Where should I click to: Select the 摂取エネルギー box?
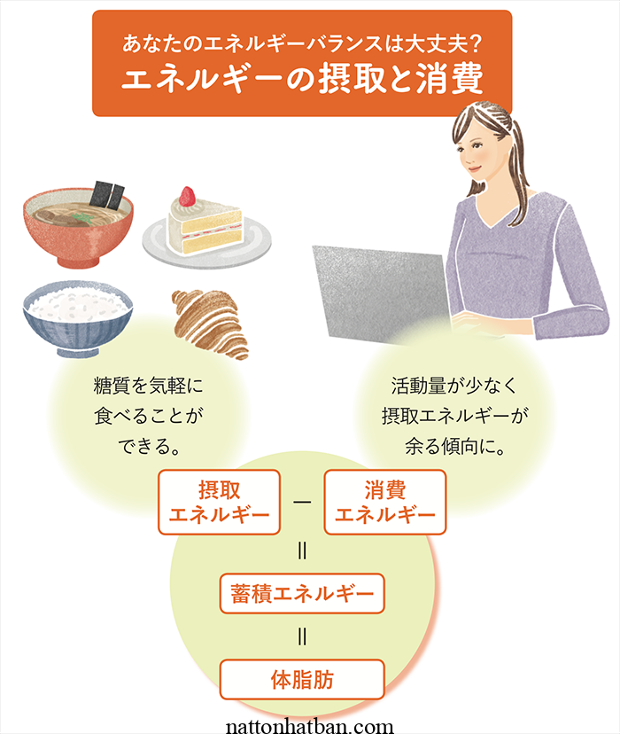218,503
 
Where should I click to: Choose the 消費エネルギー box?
385,503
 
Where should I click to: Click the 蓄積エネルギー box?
302,592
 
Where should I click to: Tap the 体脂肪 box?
302,680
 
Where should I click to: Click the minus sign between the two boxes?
302,503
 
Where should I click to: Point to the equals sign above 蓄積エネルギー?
302,551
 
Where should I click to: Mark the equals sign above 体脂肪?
302,636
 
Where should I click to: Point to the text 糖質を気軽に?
148,387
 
